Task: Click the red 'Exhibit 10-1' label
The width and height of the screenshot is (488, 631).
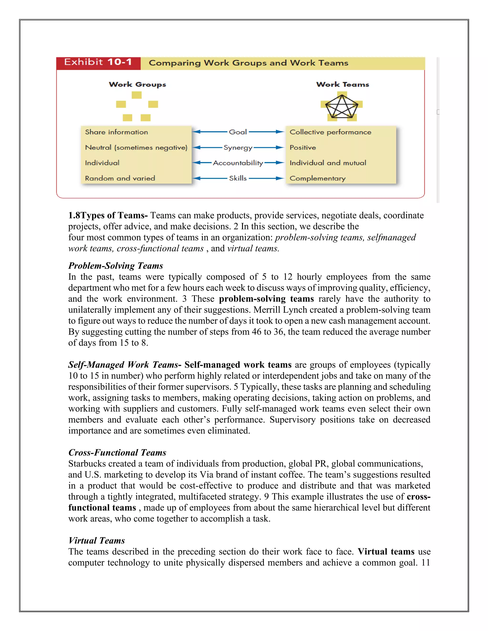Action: point(98,62)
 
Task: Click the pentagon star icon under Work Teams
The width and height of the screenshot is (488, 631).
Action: point(341,106)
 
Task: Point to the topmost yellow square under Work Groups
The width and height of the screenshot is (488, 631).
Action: point(137,95)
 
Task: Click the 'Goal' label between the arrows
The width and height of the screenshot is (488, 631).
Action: point(238,132)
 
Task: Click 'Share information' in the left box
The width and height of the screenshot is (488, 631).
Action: point(116,132)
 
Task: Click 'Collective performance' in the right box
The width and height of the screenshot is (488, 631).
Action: point(330,132)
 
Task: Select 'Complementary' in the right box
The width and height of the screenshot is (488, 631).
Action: point(317,178)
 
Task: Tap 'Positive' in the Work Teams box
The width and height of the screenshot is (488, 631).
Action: point(302,148)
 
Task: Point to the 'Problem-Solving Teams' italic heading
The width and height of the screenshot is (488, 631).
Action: point(115,265)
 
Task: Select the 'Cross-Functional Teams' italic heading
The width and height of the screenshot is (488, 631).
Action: point(117,452)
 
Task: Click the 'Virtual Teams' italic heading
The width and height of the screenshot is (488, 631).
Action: point(97,541)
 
